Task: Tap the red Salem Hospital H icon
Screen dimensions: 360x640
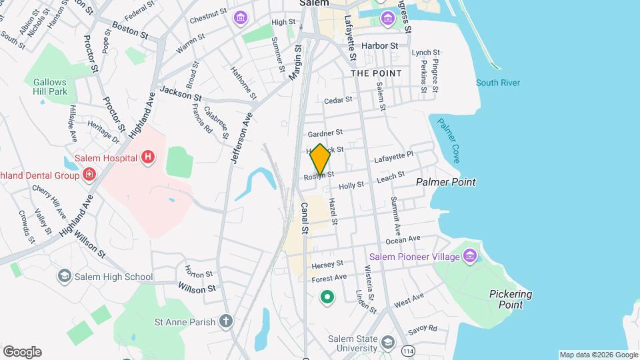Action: click(148, 158)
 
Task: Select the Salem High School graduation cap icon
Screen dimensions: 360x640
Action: click(65, 277)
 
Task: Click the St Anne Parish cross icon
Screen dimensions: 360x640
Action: click(226, 322)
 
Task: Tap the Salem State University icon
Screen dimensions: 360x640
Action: click(387, 343)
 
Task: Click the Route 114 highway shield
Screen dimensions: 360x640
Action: click(407, 349)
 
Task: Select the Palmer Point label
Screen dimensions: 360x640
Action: click(445, 182)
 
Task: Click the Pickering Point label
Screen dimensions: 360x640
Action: click(510, 299)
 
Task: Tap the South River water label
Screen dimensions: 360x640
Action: click(497, 83)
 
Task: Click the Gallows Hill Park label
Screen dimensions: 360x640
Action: click(50, 86)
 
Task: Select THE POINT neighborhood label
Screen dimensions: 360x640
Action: click(376, 73)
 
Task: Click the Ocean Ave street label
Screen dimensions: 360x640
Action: click(403, 239)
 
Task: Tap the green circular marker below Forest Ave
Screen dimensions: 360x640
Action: click(327, 297)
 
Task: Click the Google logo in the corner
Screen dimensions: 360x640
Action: click(22, 351)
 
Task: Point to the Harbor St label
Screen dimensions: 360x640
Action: click(379, 45)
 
